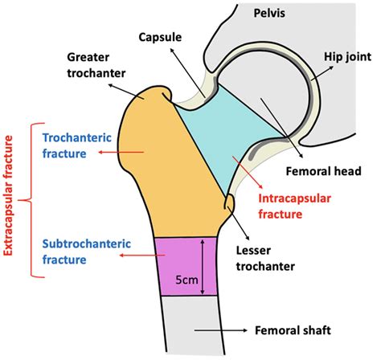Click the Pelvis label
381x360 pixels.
(268, 14)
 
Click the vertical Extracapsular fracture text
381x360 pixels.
(10, 200)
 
